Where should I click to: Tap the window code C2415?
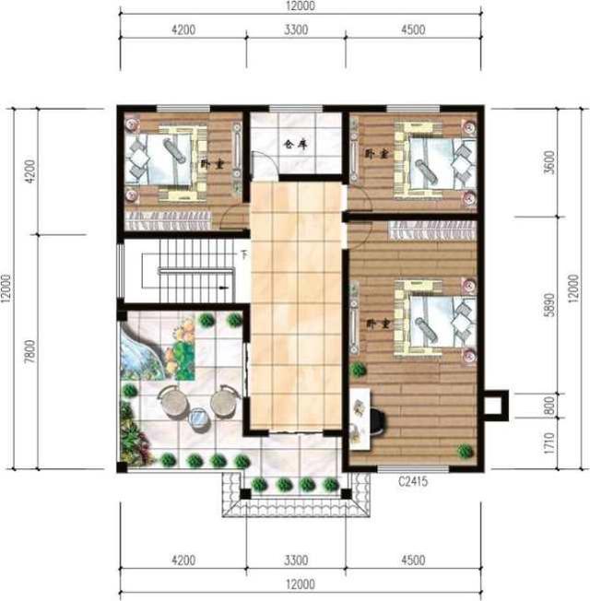[416, 480]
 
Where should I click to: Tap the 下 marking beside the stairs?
[244, 254]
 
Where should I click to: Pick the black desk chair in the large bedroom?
[378, 418]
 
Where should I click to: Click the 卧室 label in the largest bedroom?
[374, 324]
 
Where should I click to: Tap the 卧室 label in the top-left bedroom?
[211, 162]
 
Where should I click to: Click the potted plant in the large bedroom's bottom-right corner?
[466, 451]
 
